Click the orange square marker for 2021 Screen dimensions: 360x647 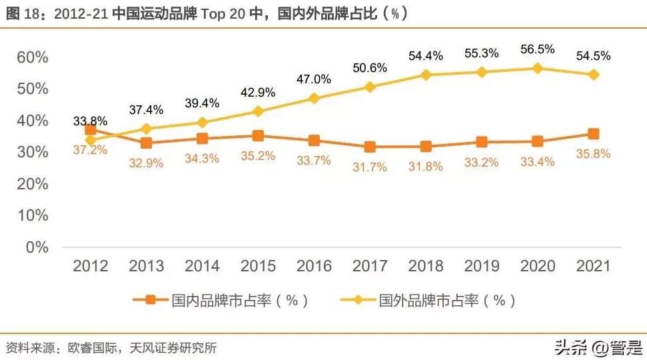pos(593,134)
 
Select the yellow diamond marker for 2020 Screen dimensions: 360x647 pos(537,68)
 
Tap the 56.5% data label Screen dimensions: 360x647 pos(537,50)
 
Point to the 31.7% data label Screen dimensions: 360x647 pos(370,167)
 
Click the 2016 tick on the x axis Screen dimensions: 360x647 pos(314,266)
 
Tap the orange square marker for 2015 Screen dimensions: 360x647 pos(258,136)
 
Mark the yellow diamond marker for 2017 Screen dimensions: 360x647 pos(370,87)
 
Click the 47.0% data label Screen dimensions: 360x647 pos(314,79)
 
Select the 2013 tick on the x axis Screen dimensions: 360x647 pos(146,266)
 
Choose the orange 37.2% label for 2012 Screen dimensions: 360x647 pos(90,150)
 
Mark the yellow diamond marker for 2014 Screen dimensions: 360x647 pos(202,122)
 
